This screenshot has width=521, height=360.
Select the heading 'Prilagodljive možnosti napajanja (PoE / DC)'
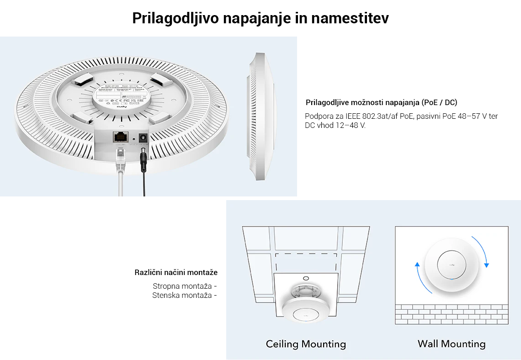[x=381, y=102]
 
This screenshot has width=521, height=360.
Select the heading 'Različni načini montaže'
[x=176, y=272]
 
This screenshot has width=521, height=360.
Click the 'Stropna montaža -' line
[x=185, y=286]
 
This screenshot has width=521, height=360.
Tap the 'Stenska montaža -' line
[x=185, y=295]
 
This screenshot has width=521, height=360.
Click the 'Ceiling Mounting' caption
[x=306, y=344]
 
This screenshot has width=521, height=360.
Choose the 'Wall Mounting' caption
[x=452, y=344]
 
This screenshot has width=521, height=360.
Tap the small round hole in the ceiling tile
[x=306, y=277]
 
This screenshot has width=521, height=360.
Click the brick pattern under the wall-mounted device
[x=452, y=314]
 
